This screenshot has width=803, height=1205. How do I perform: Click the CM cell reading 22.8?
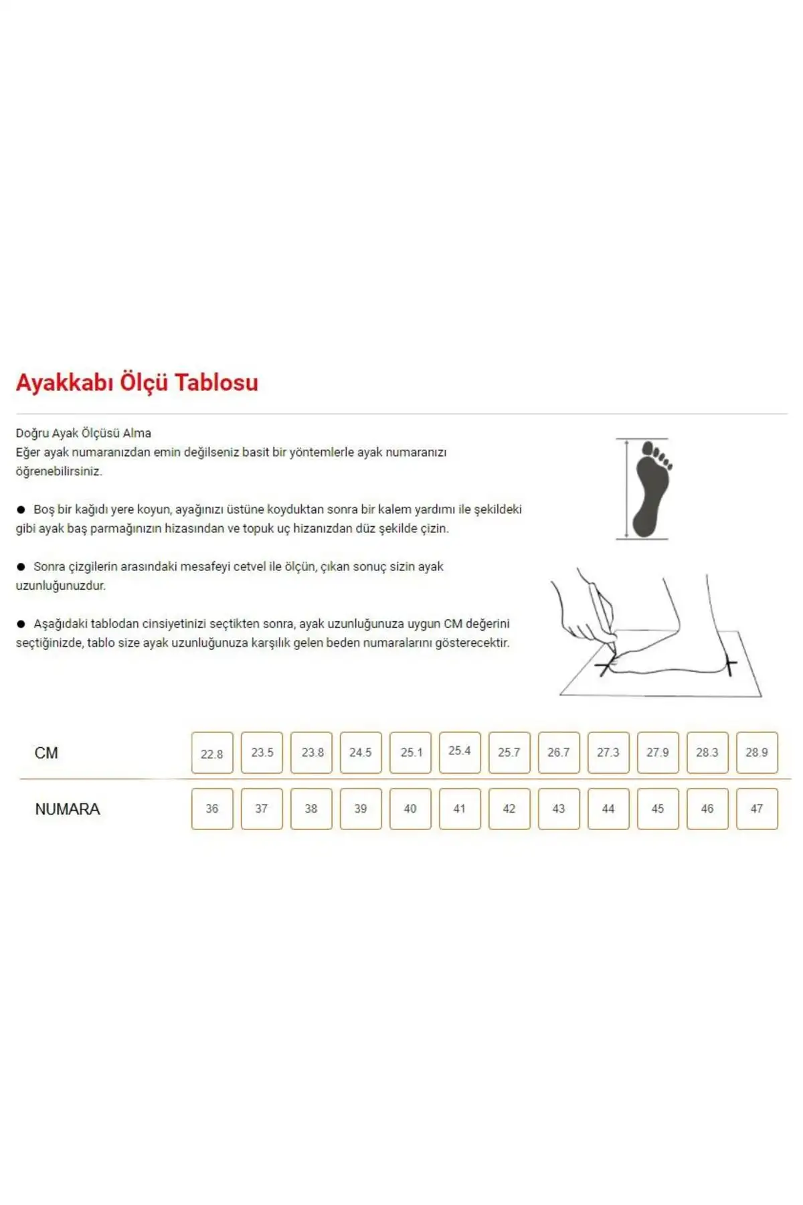coord(212,753)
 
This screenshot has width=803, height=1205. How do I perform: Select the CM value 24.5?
coord(361,752)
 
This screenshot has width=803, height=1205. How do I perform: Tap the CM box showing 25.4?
coord(460,751)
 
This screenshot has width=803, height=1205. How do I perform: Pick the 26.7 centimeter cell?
coord(559,752)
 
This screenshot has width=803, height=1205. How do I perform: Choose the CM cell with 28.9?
coord(757,752)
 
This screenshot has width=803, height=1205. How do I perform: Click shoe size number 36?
coord(212,809)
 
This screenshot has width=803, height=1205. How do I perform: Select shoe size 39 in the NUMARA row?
coord(361,809)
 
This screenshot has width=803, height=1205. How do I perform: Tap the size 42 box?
coord(509,809)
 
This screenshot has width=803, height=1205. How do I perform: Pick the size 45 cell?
coord(658,809)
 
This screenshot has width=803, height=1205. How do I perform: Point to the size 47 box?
coord(757,809)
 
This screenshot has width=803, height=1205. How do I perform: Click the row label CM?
coord(46,753)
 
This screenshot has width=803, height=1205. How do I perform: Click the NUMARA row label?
coord(68,809)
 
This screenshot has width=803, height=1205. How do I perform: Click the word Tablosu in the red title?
coord(216,382)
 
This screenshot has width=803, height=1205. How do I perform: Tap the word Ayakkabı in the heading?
coord(64,382)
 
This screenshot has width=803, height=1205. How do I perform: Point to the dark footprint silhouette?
coord(651,489)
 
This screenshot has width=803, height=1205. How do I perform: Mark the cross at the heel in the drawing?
coord(730,665)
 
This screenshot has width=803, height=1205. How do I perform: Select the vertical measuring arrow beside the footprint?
coord(626,489)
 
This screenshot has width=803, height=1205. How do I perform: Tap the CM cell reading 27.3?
coord(608,752)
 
